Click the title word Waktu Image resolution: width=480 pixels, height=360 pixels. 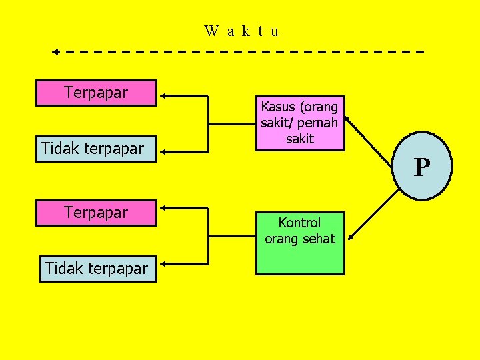[x=242, y=31]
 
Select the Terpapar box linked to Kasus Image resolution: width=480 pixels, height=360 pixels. [x=97, y=93]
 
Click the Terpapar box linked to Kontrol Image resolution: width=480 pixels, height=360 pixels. [x=97, y=213]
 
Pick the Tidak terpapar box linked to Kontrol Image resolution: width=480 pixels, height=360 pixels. [x=96, y=269]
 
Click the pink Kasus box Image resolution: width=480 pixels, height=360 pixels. [x=300, y=123]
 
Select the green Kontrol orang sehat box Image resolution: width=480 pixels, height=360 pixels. [x=300, y=243]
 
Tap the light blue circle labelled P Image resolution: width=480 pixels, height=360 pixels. [x=421, y=167]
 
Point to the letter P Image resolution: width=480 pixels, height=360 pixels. [x=421, y=167]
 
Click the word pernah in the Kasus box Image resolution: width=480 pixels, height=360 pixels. [x=320, y=123]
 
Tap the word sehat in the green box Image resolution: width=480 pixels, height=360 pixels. [x=319, y=239]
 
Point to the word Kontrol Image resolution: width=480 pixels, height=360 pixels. [x=300, y=223]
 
